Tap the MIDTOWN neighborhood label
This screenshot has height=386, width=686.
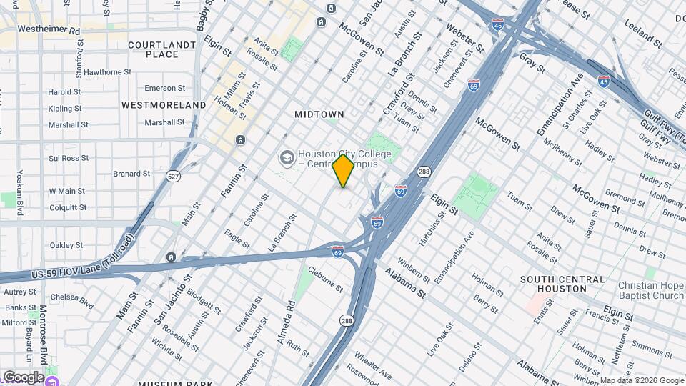[x=319, y=114]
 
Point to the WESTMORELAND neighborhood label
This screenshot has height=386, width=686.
[x=164, y=105]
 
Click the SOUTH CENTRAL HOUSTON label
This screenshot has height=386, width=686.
[x=563, y=284]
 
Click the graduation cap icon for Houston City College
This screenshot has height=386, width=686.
[x=287, y=157]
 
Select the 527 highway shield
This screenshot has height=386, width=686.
[x=172, y=175]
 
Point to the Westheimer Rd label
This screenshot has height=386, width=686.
[x=49, y=30]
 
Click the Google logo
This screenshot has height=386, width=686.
[x=23, y=377]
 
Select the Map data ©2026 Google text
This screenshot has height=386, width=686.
[x=642, y=380]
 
